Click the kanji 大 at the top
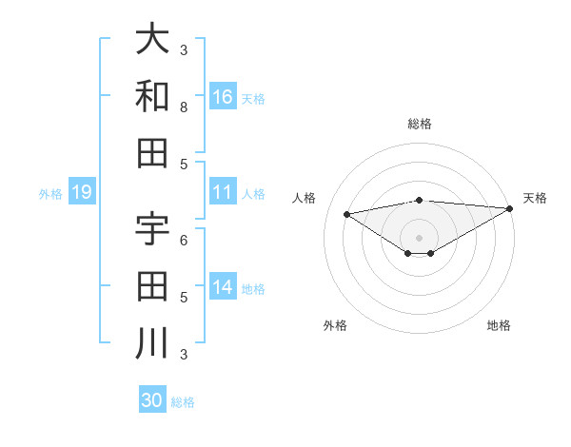152,39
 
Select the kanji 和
152,96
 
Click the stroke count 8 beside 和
184,107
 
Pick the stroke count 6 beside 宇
184,240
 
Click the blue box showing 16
223,97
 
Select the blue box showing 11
223,192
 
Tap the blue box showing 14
223,287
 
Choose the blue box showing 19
82,192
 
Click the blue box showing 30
152,400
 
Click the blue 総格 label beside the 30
183,402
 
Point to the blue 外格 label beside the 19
50,194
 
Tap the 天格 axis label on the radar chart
535,198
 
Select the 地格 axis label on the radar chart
499,325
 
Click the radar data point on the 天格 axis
511,207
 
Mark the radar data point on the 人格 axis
347,213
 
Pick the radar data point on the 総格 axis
420,200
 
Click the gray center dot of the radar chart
420,237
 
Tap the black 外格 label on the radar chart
335,325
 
